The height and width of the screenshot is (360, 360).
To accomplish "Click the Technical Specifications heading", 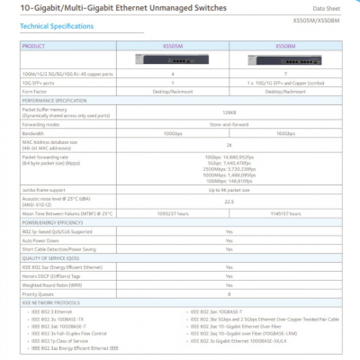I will coord(55,26).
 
